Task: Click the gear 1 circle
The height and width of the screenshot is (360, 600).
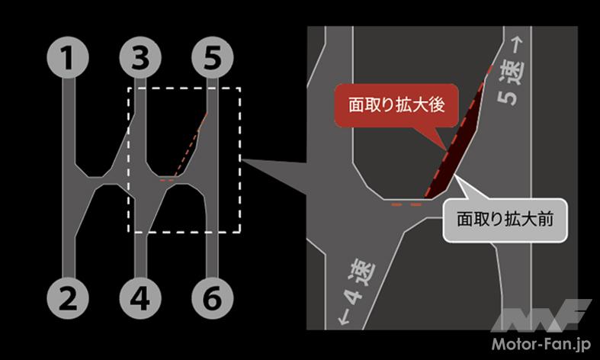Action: click(68, 57)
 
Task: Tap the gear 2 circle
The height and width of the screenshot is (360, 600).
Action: click(68, 297)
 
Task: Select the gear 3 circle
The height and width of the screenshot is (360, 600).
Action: click(140, 57)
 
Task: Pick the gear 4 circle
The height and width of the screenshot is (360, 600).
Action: click(140, 297)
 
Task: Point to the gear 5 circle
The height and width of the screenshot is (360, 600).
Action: click(213, 57)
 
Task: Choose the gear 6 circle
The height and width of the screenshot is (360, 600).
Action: click(213, 297)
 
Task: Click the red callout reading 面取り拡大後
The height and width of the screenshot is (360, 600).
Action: click(396, 105)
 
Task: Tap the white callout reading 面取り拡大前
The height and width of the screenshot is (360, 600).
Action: click(505, 220)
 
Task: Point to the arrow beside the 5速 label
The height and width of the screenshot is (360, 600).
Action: click(518, 46)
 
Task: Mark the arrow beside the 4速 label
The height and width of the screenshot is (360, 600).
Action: click(344, 319)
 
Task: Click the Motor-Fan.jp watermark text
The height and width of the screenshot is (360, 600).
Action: click(541, 343)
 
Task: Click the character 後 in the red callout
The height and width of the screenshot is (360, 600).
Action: click(437, 105)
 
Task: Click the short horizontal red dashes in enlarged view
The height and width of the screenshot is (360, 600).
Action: click(406, 205)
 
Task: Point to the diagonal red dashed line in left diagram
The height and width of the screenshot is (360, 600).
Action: click(191, 145)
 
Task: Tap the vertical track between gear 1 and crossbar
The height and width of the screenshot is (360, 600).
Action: click(69, 121)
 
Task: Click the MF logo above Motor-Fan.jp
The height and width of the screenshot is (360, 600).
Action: click(541, 315)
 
